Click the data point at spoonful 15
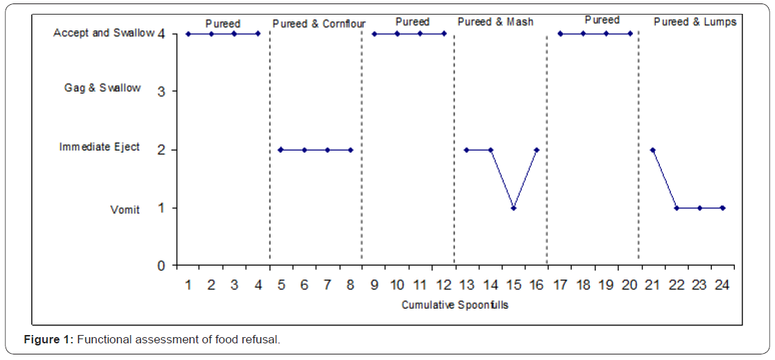pos(513,208)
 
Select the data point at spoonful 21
pos(653,150)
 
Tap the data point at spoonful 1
pos(187,33)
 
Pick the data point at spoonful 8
pos(350,150)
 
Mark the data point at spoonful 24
pos(723,208)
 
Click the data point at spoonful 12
pos(443,33)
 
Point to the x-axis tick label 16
pos(537,284)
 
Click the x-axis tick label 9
pos(374,284)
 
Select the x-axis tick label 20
pos(630,284)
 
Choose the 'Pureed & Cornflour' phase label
pos(319,23)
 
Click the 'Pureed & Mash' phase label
pos(495,22)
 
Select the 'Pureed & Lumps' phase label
pos(695,22)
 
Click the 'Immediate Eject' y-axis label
pos(99,147)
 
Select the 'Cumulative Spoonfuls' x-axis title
pos(455,305)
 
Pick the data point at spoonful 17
pos(560,33)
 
